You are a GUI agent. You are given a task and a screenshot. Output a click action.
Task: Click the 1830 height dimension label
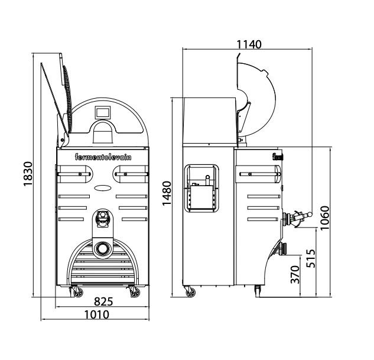28,174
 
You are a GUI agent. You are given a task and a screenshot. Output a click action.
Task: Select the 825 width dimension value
103,301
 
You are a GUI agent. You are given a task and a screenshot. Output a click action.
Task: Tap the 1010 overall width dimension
97,314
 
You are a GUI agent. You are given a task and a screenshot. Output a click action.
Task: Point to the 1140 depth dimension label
249,44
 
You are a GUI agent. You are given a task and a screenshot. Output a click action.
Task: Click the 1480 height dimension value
167,193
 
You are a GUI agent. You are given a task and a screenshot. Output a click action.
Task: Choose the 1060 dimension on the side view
324,218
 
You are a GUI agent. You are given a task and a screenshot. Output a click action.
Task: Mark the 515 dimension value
311,258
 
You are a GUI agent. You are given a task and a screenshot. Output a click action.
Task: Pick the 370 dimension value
295,274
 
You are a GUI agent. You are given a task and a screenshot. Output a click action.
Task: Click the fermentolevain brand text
103,157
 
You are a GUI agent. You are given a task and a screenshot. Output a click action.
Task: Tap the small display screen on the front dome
103,112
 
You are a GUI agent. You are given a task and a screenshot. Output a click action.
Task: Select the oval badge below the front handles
103,188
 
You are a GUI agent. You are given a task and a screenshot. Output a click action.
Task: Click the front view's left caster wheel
78,292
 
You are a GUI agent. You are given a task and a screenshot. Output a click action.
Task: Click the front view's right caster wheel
135,292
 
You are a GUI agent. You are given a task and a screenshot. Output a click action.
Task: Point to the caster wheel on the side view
190,292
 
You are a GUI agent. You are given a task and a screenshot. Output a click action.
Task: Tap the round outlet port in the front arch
103,249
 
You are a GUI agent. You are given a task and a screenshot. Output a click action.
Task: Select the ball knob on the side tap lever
310,214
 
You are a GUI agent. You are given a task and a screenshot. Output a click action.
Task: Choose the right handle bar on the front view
132,174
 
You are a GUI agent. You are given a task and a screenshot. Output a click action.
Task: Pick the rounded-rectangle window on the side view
202,188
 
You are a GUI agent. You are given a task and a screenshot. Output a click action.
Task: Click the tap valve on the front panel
103,218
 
